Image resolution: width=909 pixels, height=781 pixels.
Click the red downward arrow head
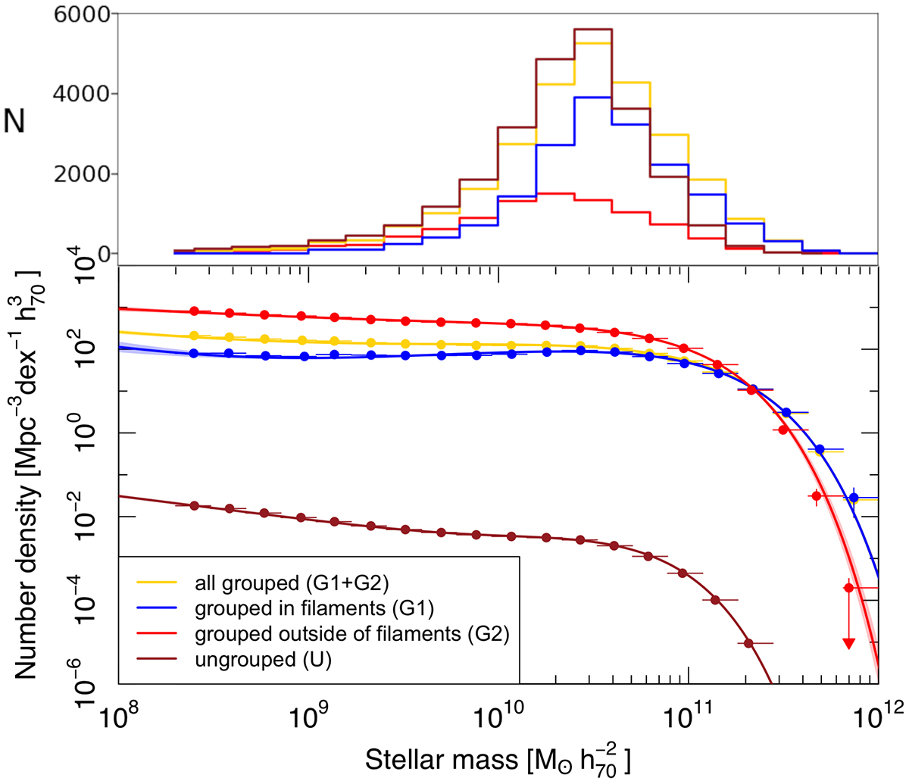(848, 643)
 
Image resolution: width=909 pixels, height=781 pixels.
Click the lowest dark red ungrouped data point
(748, 643)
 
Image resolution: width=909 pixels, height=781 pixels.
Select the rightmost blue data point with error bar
(854, 498)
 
